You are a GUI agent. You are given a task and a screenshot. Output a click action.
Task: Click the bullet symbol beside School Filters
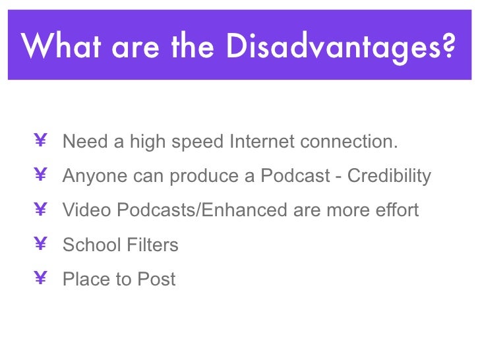40,245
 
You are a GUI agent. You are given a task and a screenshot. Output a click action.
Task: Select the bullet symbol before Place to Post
40,279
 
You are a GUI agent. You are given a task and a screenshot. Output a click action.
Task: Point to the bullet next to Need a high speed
40,141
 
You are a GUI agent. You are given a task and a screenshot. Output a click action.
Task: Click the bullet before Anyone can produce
40,175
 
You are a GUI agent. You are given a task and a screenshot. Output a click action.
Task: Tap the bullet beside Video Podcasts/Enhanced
40,210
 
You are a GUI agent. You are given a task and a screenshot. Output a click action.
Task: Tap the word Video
87,210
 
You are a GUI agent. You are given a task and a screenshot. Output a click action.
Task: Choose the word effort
394,210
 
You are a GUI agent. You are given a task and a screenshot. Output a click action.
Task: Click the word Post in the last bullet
156,280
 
